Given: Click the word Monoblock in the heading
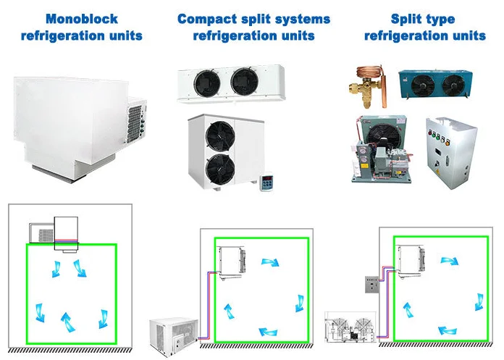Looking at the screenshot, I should [80, 18].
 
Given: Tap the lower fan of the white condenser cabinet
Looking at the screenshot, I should [221, 169].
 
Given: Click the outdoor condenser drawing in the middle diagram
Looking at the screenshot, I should [172, 332].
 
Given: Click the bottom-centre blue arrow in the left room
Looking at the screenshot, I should [66, 319].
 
